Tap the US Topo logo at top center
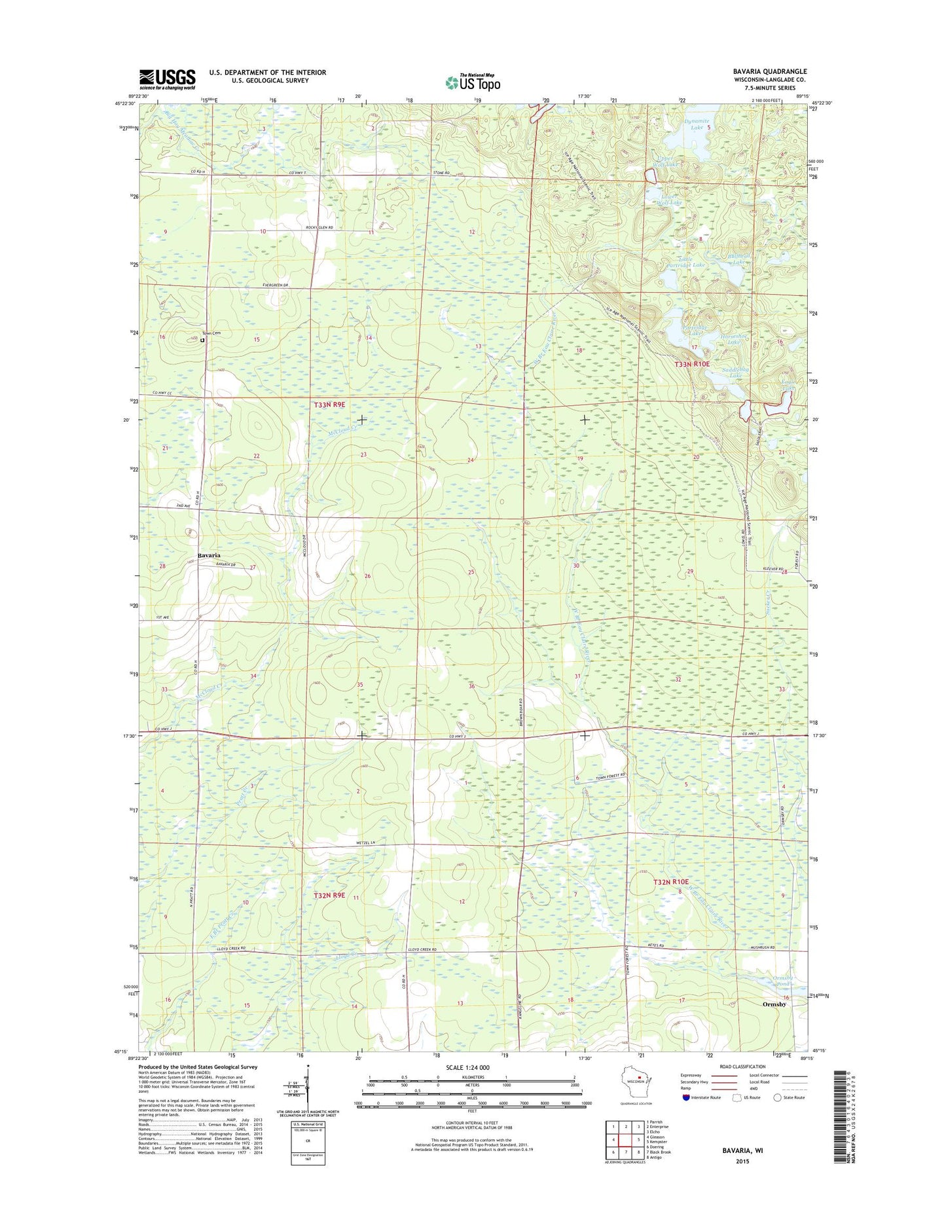[473, 82]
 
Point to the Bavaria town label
[209, 555]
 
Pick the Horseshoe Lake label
[733, 338]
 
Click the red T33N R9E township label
[329, 405]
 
